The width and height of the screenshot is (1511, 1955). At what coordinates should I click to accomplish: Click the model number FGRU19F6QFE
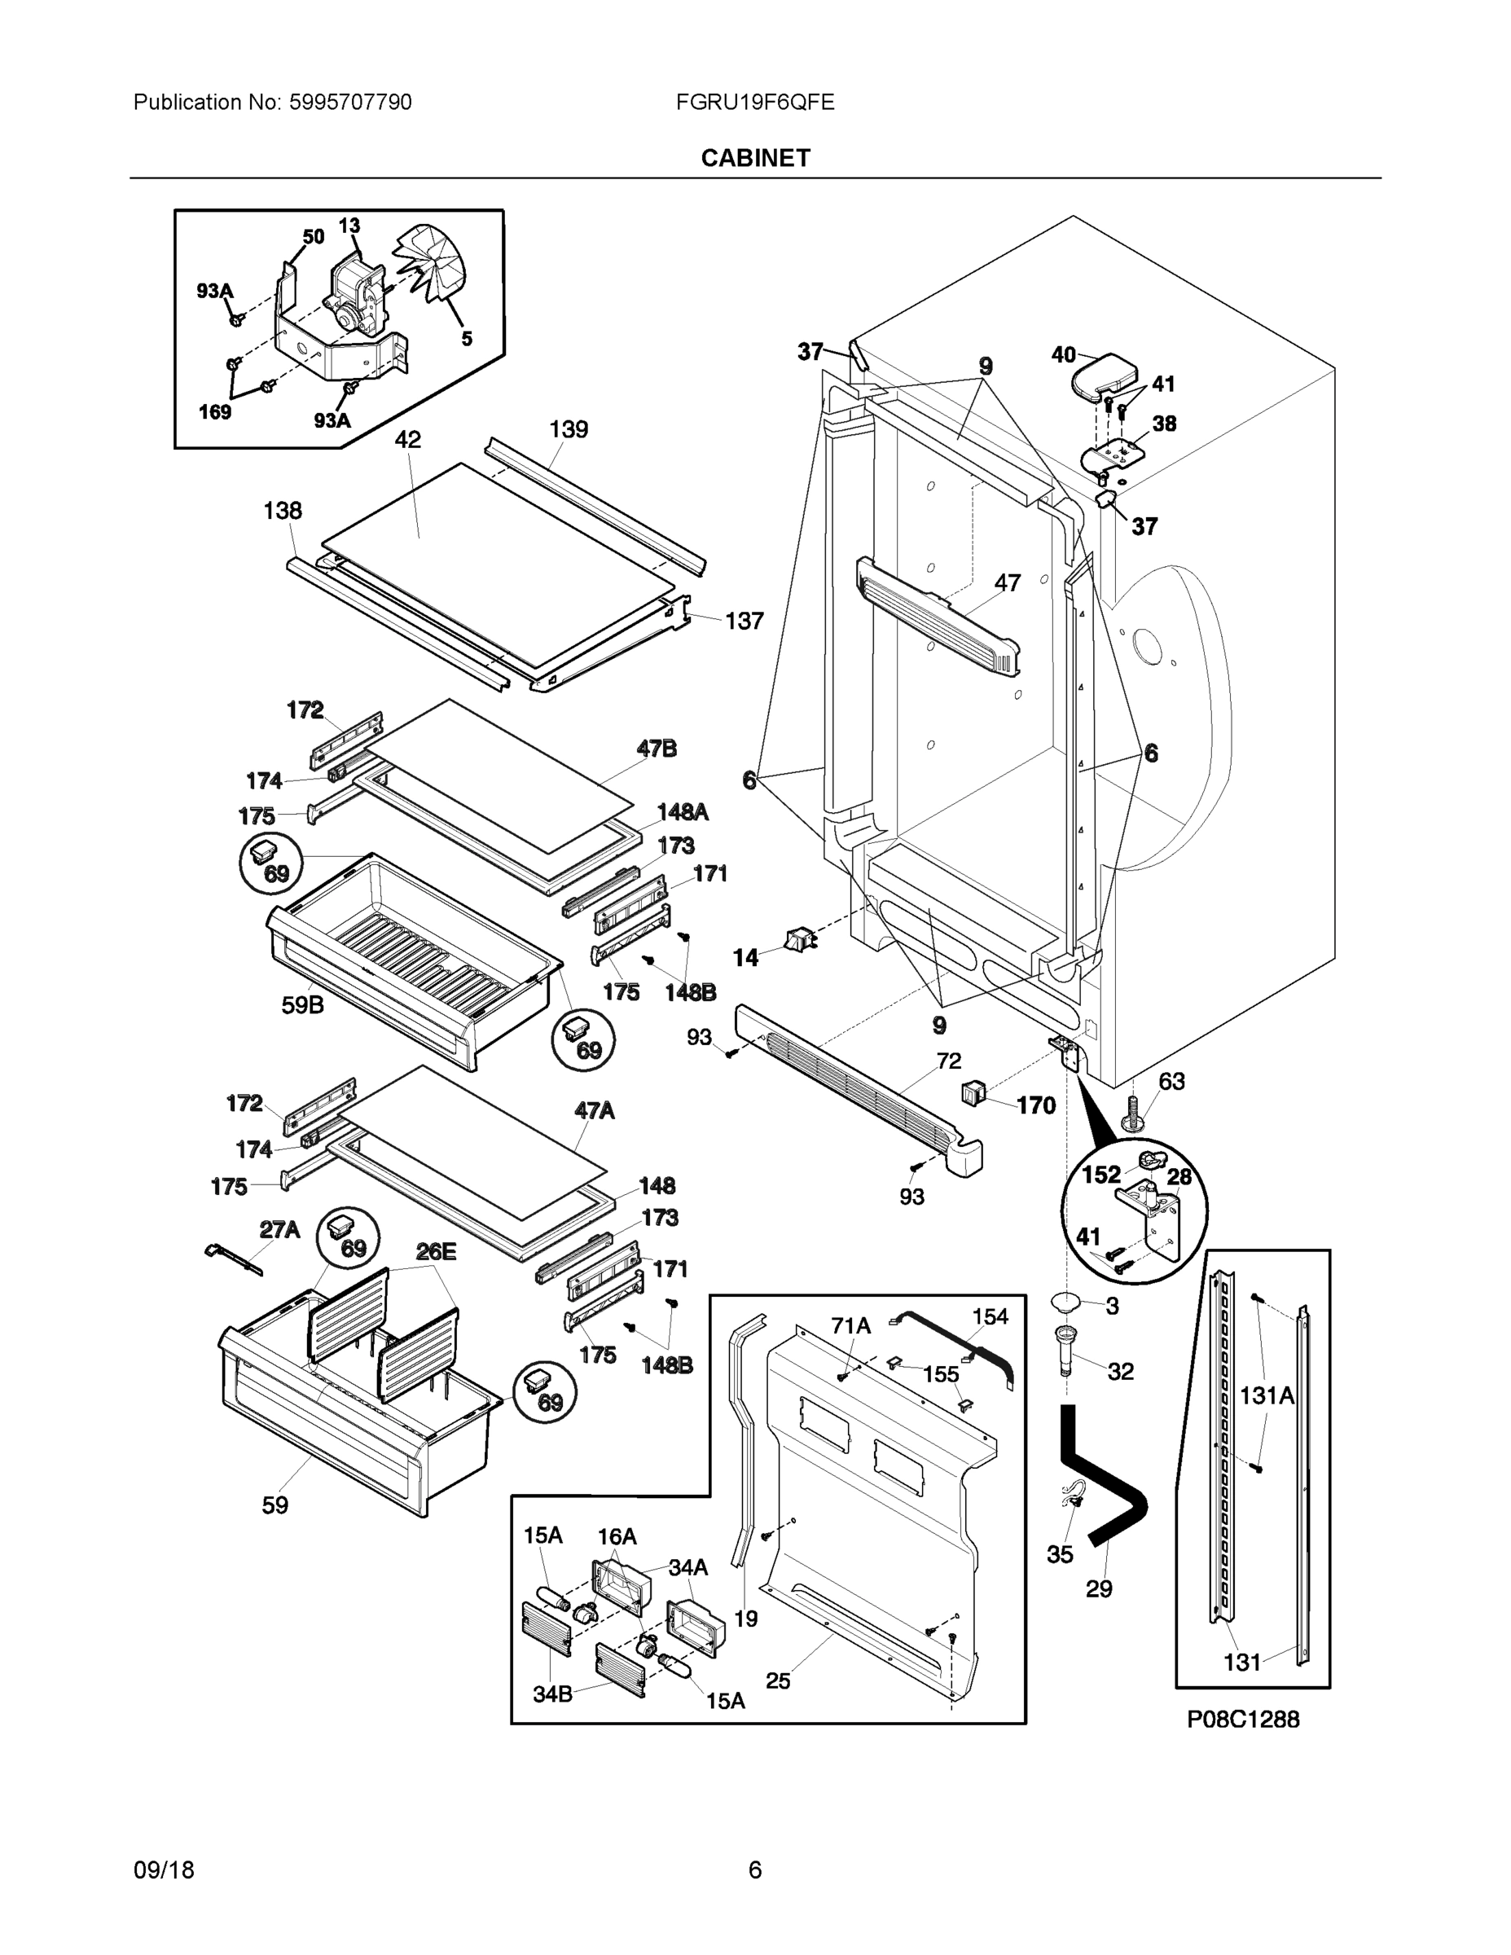[x=754, y=102]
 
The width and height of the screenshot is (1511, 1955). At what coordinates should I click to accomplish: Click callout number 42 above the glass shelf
[x=407, y=440]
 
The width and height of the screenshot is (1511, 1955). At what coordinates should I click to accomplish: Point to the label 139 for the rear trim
[x=568, y=429]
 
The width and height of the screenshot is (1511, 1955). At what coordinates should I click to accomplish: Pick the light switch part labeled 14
[x=799, y=940]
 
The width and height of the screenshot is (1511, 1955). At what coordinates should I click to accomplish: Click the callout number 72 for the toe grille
[x=949, y=1061]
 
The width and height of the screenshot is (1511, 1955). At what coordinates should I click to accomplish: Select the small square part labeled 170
[x=974, y=1092]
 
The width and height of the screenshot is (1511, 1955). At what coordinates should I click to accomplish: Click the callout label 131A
[x=1267, y=1395]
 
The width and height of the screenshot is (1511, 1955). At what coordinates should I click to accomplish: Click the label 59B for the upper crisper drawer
[x=302, y=1005]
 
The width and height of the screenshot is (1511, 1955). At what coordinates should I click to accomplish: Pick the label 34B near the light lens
[x=551, y=1694]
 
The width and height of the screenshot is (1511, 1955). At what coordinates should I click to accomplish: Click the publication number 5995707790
[x=350, y=102]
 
